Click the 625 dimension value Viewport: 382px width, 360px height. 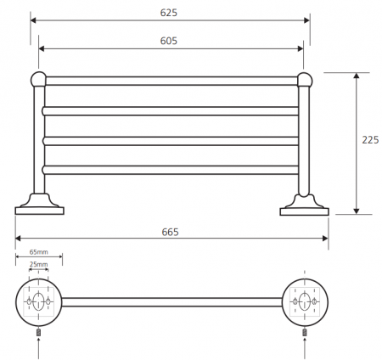[169, 13]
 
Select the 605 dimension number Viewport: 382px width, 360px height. [169, 41]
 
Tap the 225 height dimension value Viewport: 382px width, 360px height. [370, 140]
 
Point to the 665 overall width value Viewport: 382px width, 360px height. [171, 232]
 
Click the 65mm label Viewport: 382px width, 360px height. [39, 252]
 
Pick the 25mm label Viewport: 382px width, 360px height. [39, 264]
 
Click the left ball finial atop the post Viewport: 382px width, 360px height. [38, 79]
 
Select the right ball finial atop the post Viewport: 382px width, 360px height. [305, 80]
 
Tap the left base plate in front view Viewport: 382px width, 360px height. [40, 211]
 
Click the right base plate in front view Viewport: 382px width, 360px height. [305, 211]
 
